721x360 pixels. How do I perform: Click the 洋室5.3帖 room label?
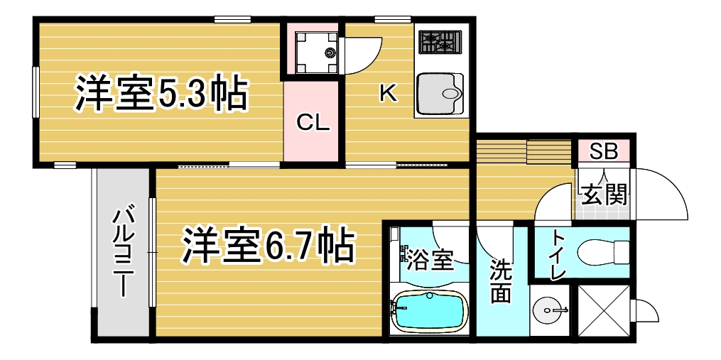[161, 94]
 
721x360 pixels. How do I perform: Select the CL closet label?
[313, 123]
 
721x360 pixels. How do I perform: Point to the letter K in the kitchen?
[388, 94]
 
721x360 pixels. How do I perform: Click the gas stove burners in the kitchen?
[440, 41]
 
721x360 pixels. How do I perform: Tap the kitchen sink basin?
[440, 94]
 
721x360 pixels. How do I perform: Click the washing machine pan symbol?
[316, 53]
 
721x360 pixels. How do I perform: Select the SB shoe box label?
[604, 152]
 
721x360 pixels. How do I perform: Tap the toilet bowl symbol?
[603, 252]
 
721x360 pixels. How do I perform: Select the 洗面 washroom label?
[500, 281]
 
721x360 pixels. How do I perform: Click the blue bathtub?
[430, 311]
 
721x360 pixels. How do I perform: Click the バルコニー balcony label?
[123, 253]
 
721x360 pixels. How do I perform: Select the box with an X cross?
[603, 312]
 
